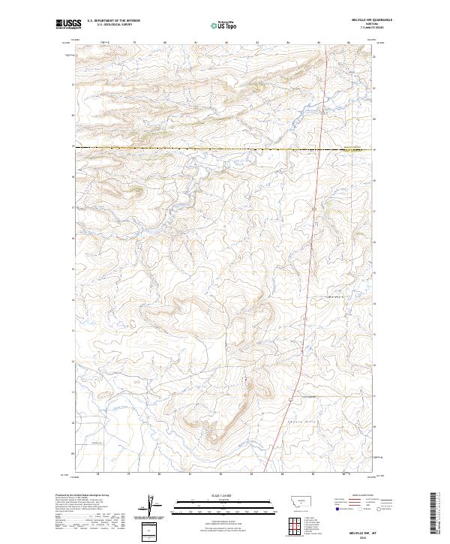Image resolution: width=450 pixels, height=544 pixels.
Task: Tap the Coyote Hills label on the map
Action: pos(303,423)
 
